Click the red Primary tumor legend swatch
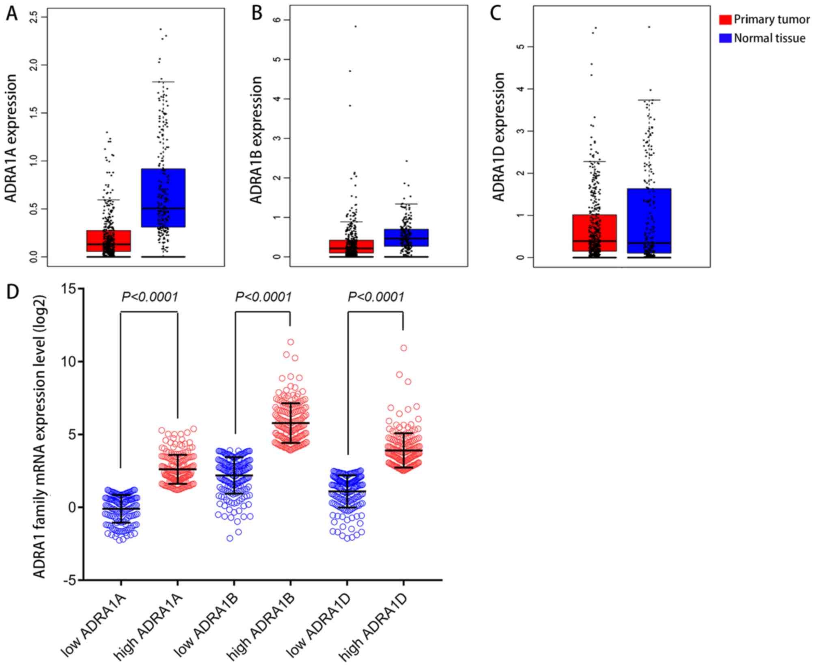tap(725, 19)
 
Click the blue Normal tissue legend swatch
tap(725, 38)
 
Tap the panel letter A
tap(12, 14)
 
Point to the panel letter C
tap(495, 13)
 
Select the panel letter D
tap(12, 291)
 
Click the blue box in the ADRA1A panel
tap(163, 198)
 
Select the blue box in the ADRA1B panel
tap(406, 237)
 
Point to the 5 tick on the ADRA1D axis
tap(519, 47)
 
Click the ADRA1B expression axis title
tap(256, 140)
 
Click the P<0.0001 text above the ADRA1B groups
tap(263, 297)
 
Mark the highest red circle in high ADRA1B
tap(291, 342)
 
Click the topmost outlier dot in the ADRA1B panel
tap(356, 26)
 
